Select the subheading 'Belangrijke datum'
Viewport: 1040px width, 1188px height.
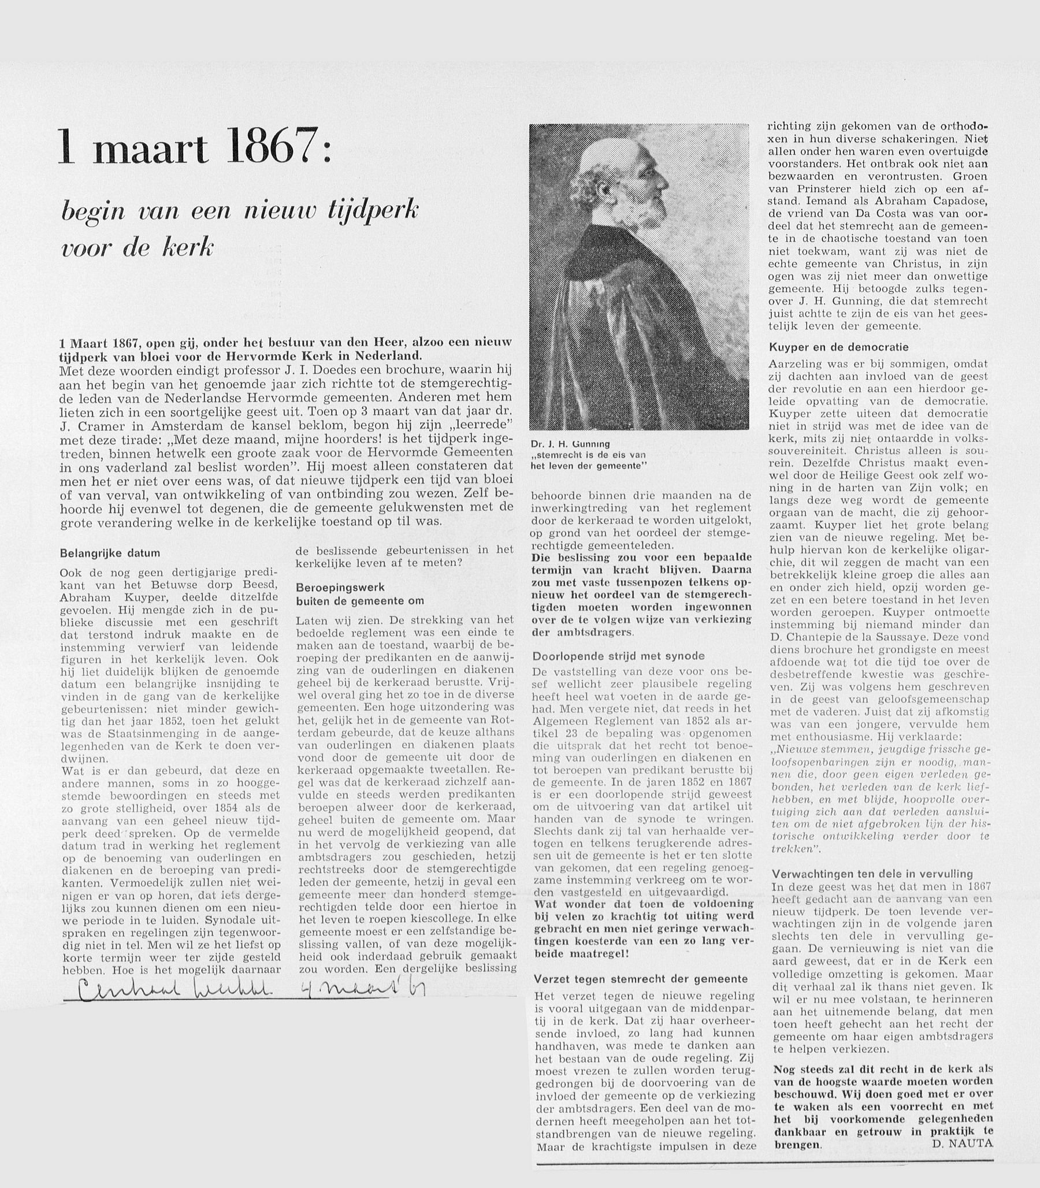pos(110,553)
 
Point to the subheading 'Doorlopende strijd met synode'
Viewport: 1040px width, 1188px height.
pos(619,656)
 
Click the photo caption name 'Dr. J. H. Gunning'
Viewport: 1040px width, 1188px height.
pos(570,444)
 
